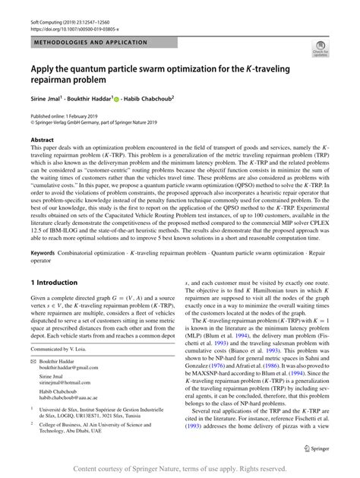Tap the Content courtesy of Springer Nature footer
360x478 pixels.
179,470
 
